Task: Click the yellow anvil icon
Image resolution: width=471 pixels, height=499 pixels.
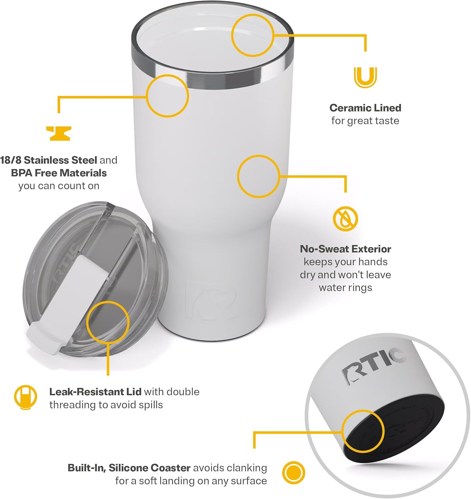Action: pos(58,133)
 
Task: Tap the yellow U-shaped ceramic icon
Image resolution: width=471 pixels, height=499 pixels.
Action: pos(365,77)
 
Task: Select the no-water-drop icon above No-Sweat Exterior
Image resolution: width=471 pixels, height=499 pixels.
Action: pos(345,219)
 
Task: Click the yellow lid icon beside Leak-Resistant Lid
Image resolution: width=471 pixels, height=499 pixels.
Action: pos(25,397)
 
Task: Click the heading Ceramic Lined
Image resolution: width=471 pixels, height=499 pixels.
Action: pos(365,108)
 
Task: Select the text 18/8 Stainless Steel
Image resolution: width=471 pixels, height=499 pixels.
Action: pos(49,160)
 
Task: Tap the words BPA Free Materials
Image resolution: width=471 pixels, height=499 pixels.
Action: pos(59,173)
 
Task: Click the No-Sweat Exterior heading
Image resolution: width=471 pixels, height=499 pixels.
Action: pos(345,249)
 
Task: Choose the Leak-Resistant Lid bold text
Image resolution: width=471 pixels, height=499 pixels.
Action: pos(95,392)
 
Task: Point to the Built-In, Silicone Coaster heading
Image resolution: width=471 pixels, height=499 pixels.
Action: pos(129,468)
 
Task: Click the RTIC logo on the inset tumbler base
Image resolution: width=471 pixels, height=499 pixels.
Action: pos(373,365)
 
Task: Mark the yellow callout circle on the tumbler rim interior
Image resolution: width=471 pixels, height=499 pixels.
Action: pos(253,35)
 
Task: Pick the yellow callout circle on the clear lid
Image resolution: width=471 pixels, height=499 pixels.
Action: pos(108,322)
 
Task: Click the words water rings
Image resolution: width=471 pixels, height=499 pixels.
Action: pos(345,287)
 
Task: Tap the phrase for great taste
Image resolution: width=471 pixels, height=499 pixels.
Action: pos(365,121)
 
